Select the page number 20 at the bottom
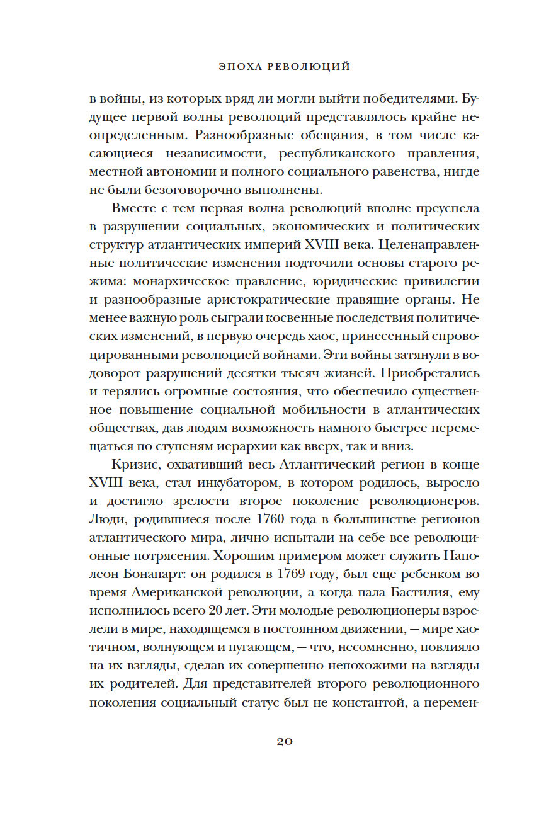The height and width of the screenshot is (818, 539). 285,741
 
